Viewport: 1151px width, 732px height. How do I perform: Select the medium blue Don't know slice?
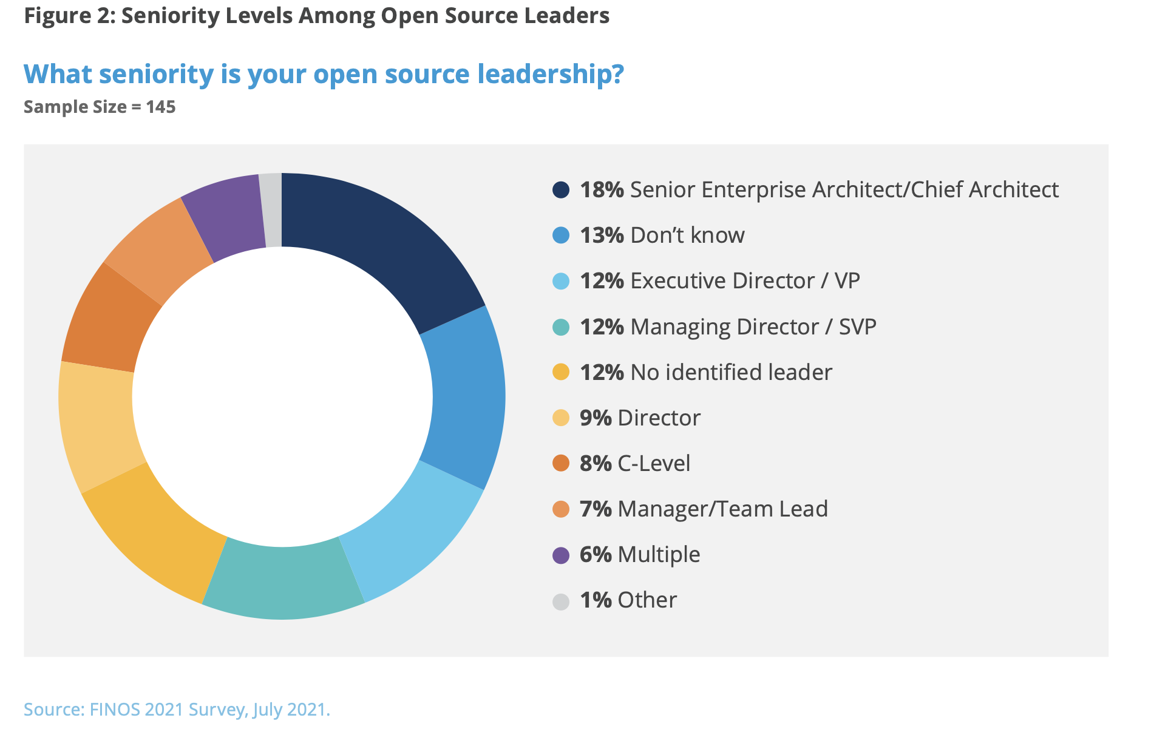click(467, 398)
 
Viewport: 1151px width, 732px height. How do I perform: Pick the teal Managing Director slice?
click(283, 583)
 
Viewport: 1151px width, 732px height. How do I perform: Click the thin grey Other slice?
click(272, 210)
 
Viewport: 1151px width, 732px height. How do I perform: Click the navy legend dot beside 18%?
click(560, 189)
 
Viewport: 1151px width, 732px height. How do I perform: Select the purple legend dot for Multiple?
click(560, 555)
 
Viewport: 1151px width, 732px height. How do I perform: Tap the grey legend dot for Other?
click(560, 601)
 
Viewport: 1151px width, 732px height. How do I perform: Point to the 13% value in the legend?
click(601, 235)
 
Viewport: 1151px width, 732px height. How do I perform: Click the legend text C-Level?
click(654, 463)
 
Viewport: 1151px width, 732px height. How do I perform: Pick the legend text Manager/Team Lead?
click(722, 509)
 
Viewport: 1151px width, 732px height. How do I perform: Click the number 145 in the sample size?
click(161, 107)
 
